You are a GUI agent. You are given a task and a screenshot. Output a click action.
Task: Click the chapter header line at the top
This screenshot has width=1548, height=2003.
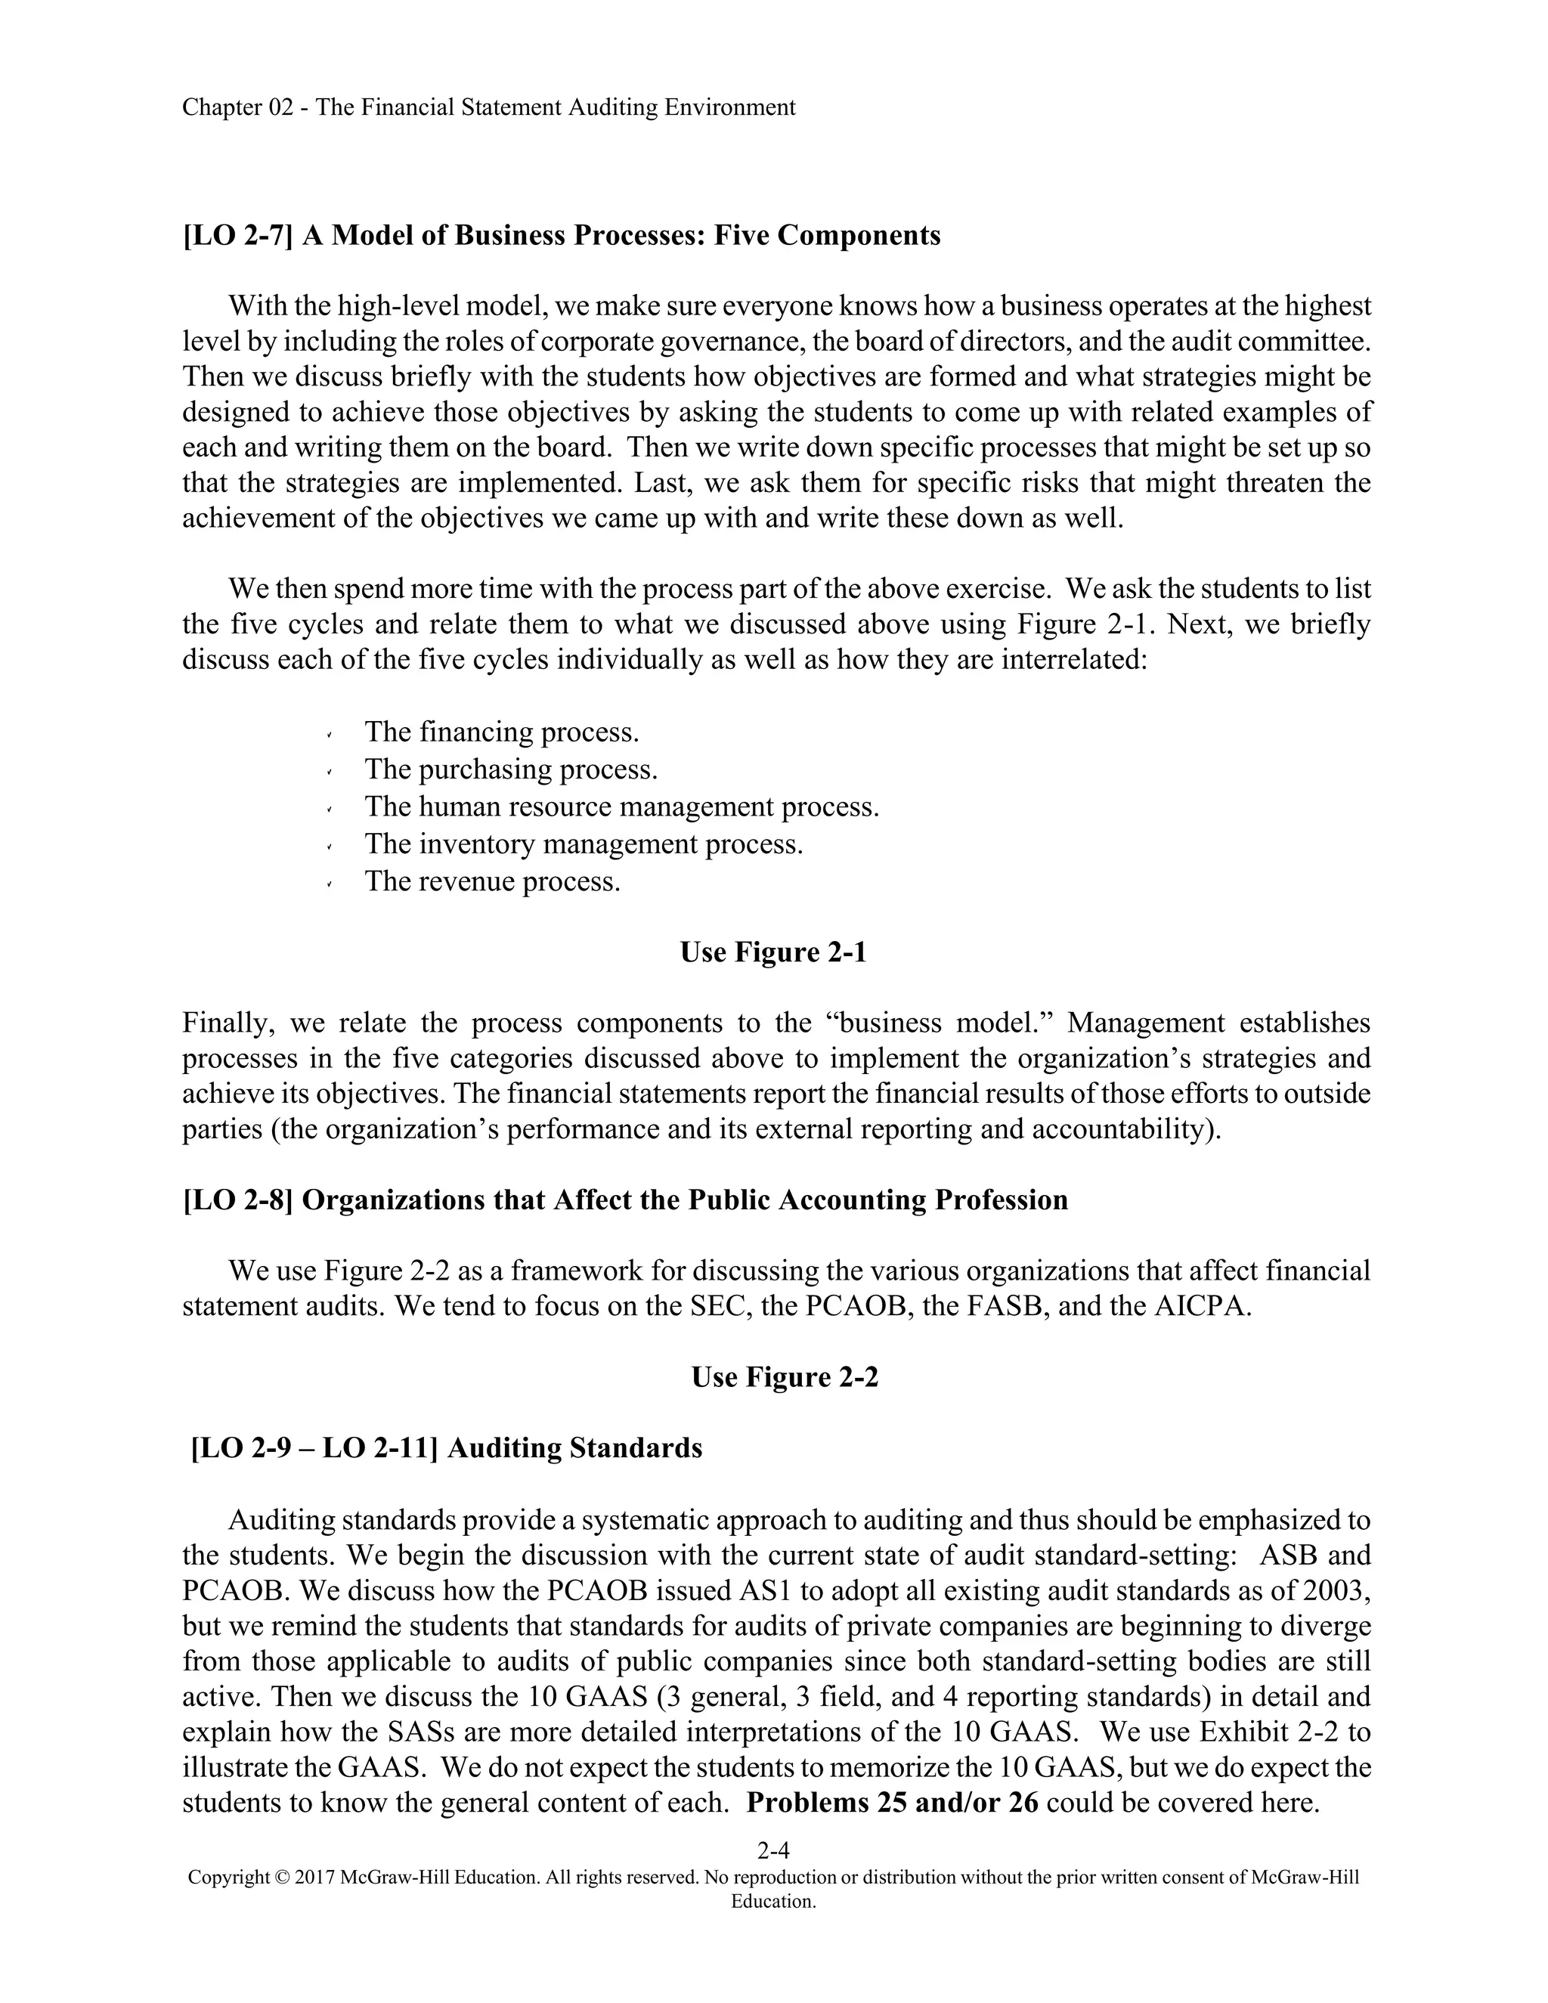pos(488,108)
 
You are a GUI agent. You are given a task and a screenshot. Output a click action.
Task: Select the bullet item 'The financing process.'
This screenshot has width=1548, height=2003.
pos(502,732)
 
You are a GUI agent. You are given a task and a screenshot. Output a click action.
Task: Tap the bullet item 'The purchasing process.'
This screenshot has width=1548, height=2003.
pos(511,769)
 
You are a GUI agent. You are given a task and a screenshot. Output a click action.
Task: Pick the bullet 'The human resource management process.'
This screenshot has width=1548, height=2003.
pos(622,806)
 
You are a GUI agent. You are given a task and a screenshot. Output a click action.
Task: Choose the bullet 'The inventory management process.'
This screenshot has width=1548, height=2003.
pos(584,844)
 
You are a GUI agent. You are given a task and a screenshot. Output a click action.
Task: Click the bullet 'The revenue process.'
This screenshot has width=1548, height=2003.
pos(493,881)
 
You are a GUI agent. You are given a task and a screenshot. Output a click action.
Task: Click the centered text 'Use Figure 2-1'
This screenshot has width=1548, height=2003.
pos(773,953)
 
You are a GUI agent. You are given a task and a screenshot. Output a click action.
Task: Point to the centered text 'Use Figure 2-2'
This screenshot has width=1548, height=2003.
pos(784,1376)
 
